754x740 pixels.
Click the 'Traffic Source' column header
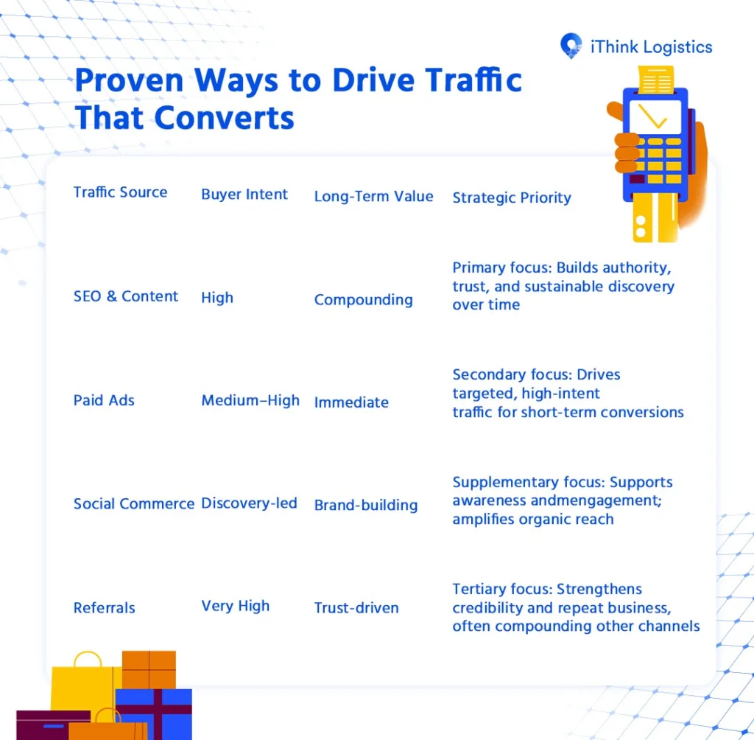point(120,192)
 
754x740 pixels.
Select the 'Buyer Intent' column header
point(244,195)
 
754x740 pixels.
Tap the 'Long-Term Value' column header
point(373,197)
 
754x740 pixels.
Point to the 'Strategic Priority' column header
point(511,198)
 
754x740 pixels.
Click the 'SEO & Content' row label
point(126,296)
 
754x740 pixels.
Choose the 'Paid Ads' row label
point(104,400)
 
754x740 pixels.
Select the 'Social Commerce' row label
point(133,504)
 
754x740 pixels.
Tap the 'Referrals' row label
point(104,608)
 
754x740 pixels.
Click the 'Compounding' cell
point(363,300)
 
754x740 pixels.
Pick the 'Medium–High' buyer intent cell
point(250,400)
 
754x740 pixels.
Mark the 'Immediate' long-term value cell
point(351,402)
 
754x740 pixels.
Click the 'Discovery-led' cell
point(249,503)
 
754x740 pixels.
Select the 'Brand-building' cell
point(365,506)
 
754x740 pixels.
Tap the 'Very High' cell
point(235,606)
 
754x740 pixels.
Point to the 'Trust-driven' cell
point(356,608)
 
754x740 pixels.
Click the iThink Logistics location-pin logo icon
point(571,46)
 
